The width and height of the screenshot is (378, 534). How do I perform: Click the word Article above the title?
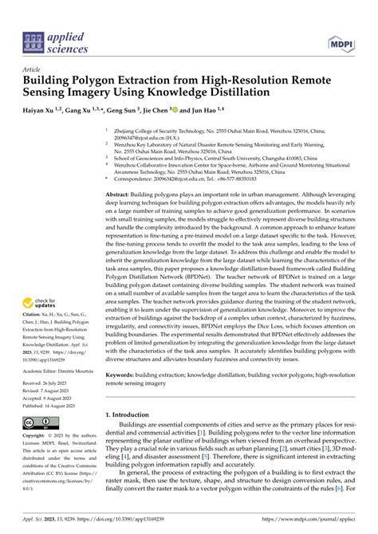pyautogui.click(x=34, y=69)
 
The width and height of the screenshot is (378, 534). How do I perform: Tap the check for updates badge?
pyautogui.click(x=41, y=281)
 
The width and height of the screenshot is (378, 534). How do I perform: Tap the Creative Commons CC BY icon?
pyautogui.click(x=39, y=422)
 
